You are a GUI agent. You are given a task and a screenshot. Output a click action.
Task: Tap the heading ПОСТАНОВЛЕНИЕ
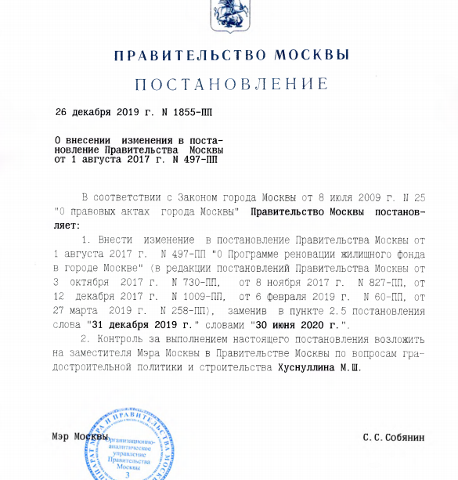[231, 84]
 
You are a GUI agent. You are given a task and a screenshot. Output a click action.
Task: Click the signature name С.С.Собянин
[393, 438]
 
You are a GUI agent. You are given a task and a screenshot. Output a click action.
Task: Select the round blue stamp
[128, 444]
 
